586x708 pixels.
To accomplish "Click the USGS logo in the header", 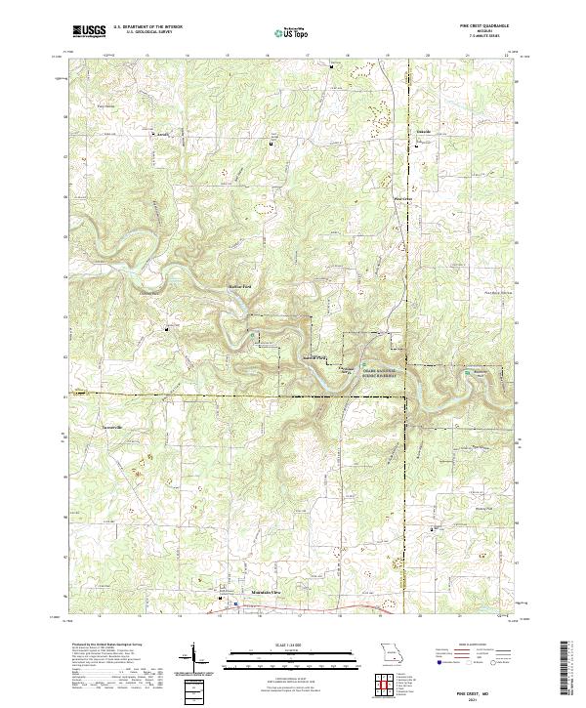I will (89, 31).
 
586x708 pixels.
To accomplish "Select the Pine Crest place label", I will (402, 200).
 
